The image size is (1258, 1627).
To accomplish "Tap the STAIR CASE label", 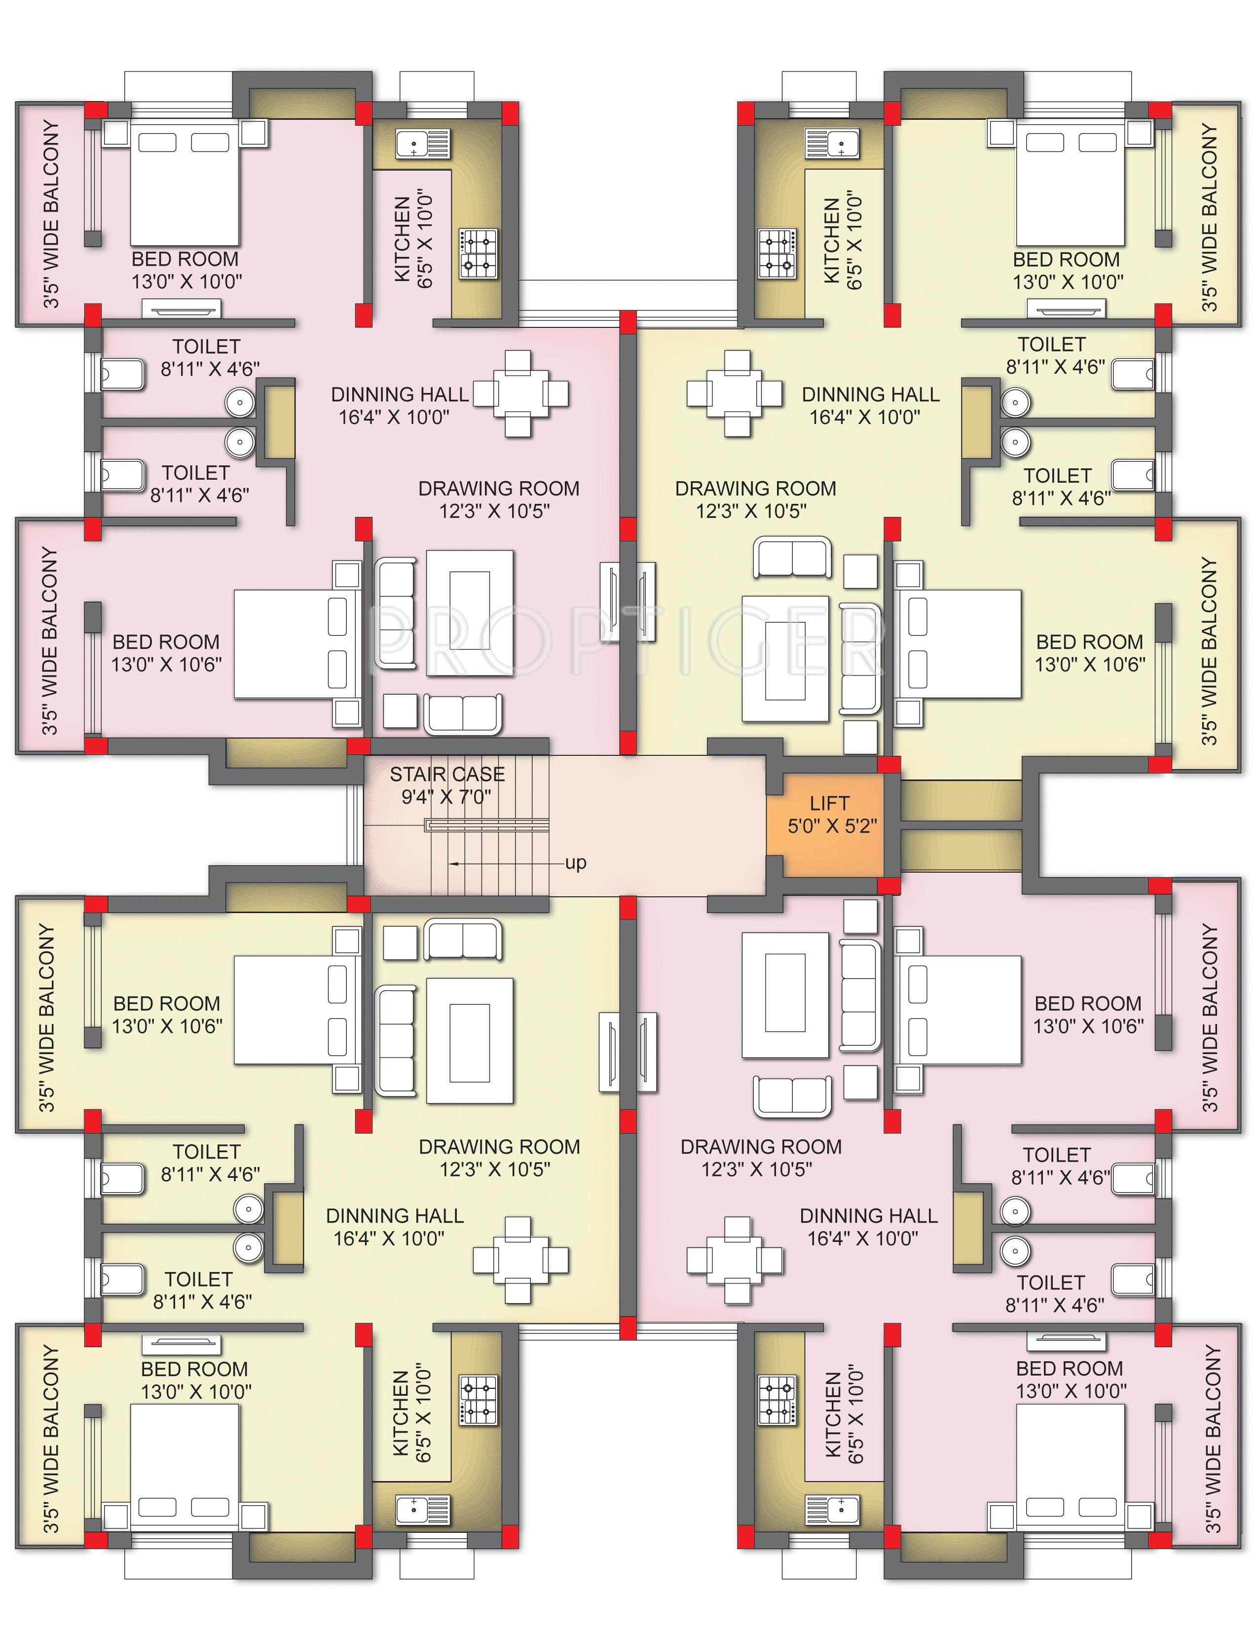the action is (x=447, y=774).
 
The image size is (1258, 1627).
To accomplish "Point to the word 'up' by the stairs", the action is (x=575, y=863).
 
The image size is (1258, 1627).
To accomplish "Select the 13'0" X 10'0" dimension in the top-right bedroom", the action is (x=1068, y=283).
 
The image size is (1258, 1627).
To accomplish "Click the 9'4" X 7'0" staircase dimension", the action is (x=446, y=797).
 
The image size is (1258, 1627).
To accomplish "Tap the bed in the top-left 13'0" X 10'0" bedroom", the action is (x=185, y=182).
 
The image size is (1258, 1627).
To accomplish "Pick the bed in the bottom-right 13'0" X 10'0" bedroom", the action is (x=1070, y=1467).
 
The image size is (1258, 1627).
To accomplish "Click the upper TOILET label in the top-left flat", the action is (x=206, y=347).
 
